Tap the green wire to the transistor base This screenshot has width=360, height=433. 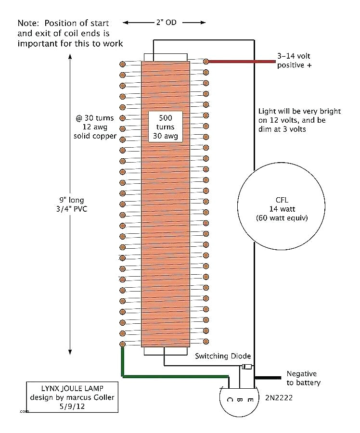(173, 376)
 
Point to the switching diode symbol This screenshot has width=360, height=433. (246, 368)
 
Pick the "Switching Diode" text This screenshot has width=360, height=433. (222, 356)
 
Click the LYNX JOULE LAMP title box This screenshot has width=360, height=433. (72, 397)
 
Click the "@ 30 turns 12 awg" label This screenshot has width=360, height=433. (95, 127)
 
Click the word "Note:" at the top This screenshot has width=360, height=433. (29, 23)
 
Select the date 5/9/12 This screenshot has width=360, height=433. (72, 407)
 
